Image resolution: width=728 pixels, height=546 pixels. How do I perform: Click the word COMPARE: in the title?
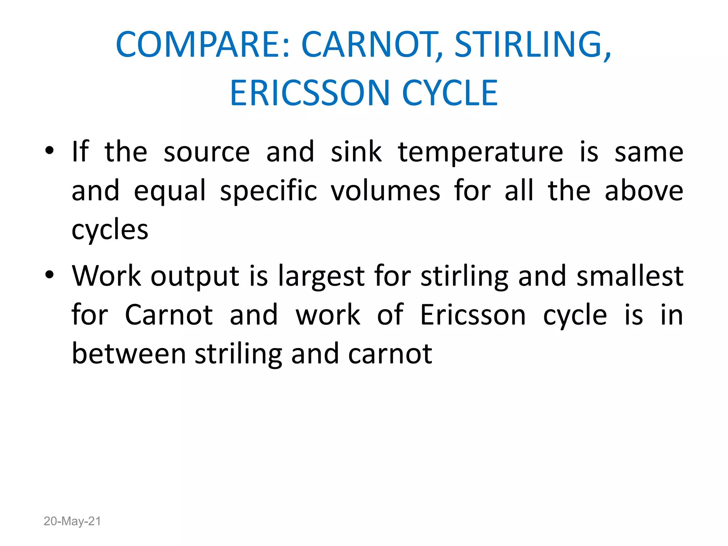click(203, 44)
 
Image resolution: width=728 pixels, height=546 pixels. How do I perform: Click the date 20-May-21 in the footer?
click(72, 521)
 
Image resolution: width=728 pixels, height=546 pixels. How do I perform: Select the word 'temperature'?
click(481, 152)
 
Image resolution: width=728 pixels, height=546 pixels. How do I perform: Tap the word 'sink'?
click(356, 152)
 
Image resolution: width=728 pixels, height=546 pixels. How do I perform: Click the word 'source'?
click(207, 152)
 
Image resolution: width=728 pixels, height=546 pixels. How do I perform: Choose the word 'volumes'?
click(385, 191)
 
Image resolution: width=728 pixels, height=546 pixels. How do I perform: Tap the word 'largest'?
click(321, 277)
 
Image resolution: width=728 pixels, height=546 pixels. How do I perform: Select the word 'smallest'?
click(630, 276)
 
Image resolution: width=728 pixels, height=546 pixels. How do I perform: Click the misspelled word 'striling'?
click(239, 354)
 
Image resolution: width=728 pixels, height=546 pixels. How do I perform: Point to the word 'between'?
click(129, 354)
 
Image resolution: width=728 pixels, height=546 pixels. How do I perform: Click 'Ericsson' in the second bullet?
click(473, 315)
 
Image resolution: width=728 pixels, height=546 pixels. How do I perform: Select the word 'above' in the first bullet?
click(644, 191)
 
